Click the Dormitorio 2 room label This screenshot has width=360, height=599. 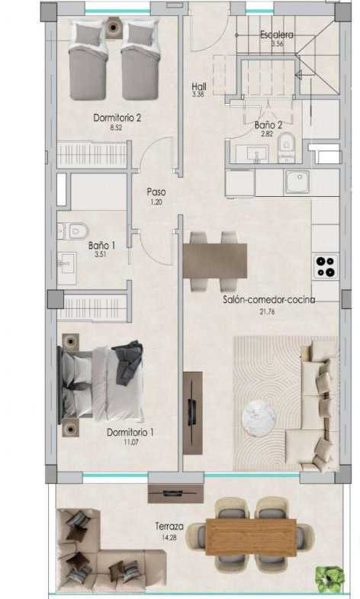pos(117,118)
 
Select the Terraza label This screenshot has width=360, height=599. pos(169,526)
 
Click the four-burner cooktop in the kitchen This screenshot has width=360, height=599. pos(326,266)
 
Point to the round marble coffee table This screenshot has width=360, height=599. pos(259,418)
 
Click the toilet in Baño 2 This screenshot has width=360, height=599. pos(286,147)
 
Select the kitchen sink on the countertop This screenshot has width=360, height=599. pos(297,182)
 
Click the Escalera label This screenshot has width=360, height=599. pos(277,35)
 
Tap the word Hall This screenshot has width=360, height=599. pos(199,86)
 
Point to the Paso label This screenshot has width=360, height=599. pos(156,192)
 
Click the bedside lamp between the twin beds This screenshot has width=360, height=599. pos(114,27)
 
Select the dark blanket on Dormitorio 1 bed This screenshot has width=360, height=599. pos(127,362)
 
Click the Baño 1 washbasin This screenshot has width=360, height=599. pos(67,263)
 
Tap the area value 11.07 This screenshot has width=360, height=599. pos(131,443)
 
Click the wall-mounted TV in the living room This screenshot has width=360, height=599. pos(193,414)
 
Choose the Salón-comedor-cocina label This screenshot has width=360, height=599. pos(269,301)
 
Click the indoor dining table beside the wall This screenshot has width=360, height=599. pos(215,262)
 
